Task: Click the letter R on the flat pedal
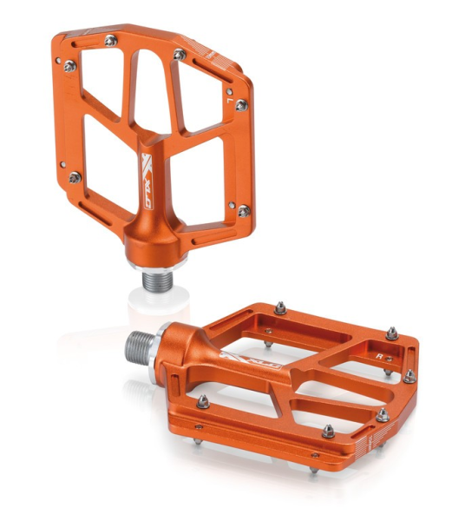tap(379, 355)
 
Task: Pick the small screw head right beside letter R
tap(391, 357)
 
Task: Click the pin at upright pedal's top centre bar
tap(179, 54)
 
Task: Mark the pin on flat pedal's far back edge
tap(282, 307)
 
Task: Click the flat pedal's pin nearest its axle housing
tap(202, 399)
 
